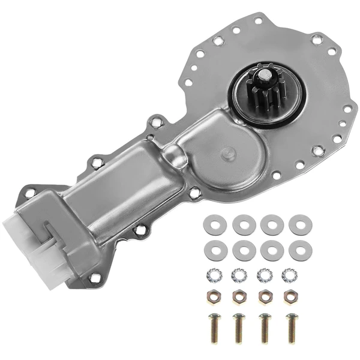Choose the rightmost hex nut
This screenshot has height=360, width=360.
click(292, 296)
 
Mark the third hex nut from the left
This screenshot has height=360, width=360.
click(265, 296)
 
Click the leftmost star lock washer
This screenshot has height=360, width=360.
click(212, 274)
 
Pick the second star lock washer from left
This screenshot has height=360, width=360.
click(238, 274)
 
